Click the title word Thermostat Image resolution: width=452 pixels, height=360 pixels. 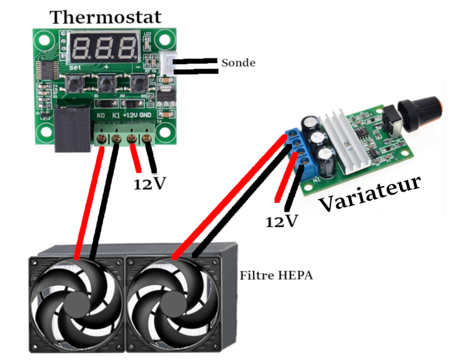click(106, 17)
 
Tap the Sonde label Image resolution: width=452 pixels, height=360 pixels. click(238, 63)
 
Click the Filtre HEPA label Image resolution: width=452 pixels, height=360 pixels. click(276, 276)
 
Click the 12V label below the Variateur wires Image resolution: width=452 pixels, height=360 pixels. click(281, 221)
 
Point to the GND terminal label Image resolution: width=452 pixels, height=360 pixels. click(145, 116)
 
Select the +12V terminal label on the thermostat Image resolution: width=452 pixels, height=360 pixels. click(130, 116)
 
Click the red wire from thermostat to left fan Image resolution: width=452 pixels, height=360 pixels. click(90, 199)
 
